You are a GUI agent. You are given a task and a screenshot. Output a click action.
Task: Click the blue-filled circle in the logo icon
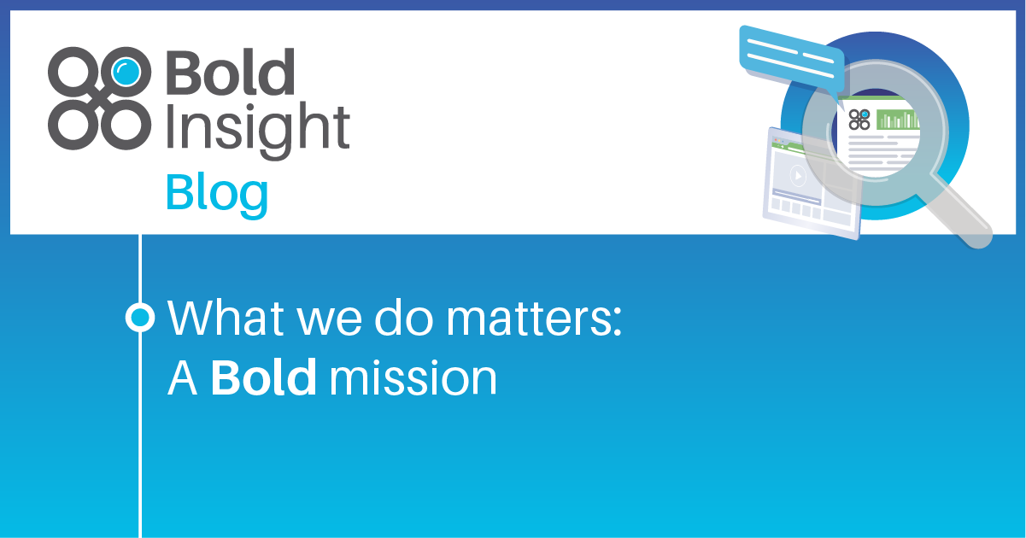[126, 70]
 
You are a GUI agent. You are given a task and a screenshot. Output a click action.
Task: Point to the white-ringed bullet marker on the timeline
[139, 318]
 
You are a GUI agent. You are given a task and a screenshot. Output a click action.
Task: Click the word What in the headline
[219, 318]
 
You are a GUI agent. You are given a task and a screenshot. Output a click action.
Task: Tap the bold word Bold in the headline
[264, 377]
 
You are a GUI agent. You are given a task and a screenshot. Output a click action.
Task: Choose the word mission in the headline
[413, 377]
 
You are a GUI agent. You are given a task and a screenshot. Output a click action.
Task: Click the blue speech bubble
[790, 57]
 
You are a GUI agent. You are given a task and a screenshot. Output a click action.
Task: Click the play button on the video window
[797, 176]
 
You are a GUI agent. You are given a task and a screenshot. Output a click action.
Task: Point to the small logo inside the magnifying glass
[859, 120]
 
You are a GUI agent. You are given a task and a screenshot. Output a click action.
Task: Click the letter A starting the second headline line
[182, 377]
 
